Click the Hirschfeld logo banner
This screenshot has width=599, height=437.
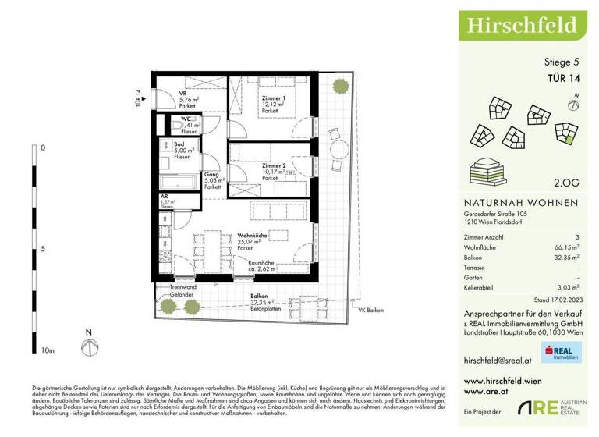tap(523, 24)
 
